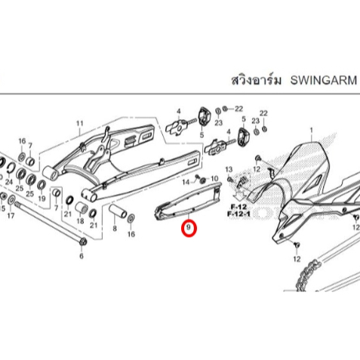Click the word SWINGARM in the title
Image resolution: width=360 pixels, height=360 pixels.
tap(324, 80)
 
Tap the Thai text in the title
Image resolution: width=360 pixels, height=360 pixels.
tap(256, 80)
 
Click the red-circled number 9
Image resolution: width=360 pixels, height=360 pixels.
tap(189, 228)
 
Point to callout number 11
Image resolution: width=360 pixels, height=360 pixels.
tap(79, 124)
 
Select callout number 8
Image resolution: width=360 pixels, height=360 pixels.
tap(115, 229)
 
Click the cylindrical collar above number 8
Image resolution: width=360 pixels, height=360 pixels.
tap(117, 212)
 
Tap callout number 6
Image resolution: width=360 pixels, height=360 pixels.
tap(82, 256)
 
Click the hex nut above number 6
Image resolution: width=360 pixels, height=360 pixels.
tap(83, 242)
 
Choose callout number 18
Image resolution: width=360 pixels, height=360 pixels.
tap(80, 221)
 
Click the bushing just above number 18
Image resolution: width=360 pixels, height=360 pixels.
tap(82, 208)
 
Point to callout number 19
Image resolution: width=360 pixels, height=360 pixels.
tap(42, 198)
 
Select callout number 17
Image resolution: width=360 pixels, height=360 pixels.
tap(11, 216)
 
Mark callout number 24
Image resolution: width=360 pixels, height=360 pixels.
tap(9, 181)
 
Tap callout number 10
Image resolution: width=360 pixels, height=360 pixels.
tap(214, 179)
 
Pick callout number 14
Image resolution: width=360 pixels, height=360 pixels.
tap(186, 182)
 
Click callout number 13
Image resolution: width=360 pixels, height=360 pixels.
tap(229, 169)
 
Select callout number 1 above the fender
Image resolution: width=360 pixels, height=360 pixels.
tap(312, 131)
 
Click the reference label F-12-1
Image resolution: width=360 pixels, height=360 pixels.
tap(238, 214)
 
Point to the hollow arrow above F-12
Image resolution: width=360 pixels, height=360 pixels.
tap(238, 195)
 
